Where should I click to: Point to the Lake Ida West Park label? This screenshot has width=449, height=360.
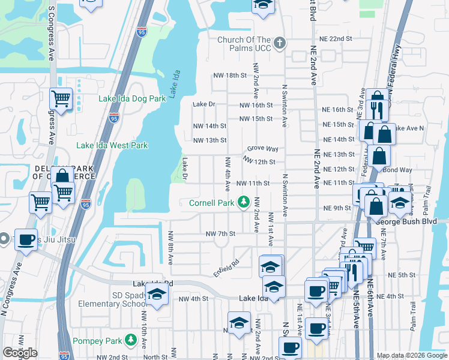[112, 145]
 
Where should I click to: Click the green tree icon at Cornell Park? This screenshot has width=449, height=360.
[244, 202]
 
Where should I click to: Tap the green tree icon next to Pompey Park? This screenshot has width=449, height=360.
[131, 341]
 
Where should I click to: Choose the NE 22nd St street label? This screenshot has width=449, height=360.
[337, 39]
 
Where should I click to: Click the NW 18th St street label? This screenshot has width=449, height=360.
[230, 75]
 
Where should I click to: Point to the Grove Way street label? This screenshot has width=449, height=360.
[263, 149]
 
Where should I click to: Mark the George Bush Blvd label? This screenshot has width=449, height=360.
[411, 221]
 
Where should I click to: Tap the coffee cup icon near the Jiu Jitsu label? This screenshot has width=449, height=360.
[26, 240]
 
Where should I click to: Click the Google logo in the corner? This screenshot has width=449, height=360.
[20, 353]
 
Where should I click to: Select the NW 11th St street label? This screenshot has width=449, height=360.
[251, 183]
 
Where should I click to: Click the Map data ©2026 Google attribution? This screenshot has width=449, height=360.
[412, 355]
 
